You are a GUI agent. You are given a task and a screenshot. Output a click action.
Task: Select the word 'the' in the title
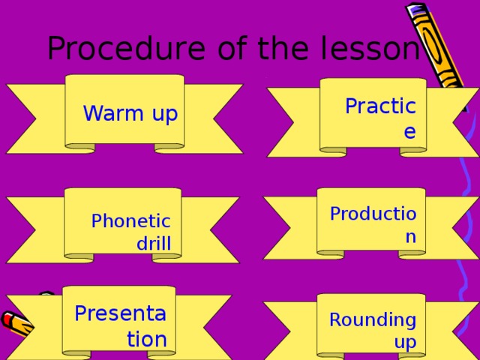[x=279, y=49]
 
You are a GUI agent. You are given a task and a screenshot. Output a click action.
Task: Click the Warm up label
[x=130, y=114]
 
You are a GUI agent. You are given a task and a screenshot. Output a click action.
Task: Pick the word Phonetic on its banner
[x=130, y=221]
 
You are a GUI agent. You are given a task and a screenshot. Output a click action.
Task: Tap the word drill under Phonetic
[x=153, y=243]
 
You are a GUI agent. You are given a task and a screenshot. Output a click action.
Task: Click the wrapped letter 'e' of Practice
[x=409, y=132]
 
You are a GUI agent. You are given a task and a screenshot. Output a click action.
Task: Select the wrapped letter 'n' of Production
[x=409, y=237]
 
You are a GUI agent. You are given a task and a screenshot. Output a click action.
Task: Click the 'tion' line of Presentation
[x=146, y=339]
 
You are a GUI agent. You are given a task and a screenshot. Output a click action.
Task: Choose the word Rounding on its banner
[x=372, y=320]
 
